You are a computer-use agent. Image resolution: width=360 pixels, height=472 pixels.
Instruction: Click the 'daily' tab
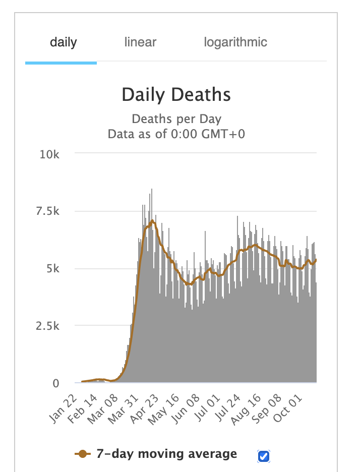(63, 42)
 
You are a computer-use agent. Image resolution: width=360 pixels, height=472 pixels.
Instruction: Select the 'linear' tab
(140, 42)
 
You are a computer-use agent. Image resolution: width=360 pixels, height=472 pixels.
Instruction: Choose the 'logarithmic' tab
(235, 42)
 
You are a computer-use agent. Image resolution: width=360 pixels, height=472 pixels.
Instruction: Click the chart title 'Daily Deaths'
(176, 95)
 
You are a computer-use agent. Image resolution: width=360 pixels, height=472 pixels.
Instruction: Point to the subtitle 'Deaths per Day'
(176, 120)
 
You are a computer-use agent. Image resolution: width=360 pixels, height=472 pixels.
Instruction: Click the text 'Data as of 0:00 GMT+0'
(176, 134)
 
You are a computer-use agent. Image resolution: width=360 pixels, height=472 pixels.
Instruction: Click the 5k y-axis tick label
(53, 269)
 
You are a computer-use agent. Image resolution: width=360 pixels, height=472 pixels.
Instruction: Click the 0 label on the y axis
(56, 383)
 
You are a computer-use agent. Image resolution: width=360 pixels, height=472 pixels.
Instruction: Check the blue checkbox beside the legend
(264, 456)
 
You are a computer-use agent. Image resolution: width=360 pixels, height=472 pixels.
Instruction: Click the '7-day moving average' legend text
(166, 454)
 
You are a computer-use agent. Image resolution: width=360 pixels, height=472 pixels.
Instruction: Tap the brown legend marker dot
(83, 454)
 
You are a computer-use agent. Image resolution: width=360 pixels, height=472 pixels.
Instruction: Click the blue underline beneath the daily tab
(61, 63)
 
